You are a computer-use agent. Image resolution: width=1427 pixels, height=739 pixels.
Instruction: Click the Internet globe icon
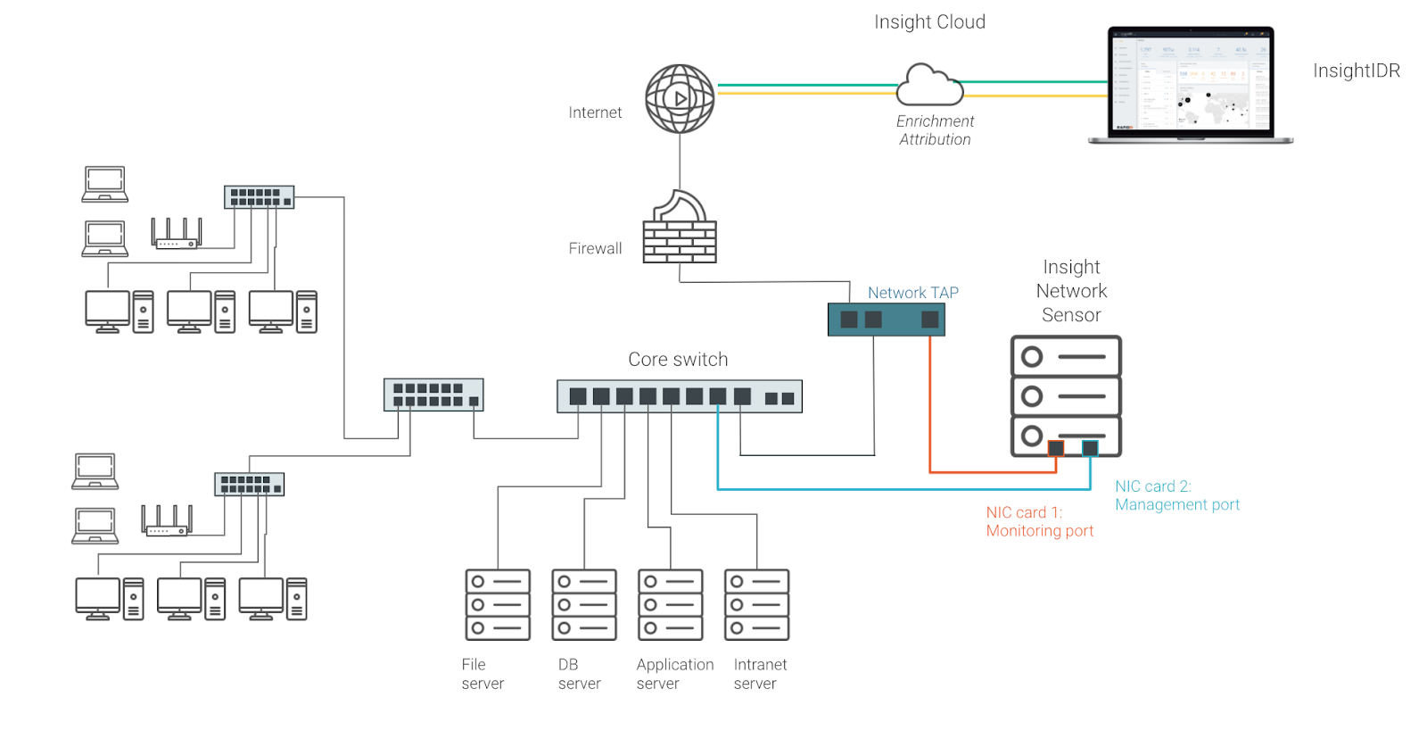coord(680,98)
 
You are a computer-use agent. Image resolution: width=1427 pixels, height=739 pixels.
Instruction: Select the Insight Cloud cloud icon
coord(929,86)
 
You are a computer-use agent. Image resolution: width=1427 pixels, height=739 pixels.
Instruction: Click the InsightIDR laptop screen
coord(1191,82)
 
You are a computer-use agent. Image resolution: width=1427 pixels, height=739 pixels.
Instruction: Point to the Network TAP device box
coord(886,320)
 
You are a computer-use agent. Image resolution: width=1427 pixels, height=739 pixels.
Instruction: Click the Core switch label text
coord(678,360)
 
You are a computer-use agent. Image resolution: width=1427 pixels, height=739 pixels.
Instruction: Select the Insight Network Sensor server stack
coord(1066,395)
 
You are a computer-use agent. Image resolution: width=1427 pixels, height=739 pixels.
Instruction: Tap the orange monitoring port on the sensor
coord(1056,448)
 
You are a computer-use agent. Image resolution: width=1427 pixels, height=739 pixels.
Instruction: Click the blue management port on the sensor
coord(1090,448)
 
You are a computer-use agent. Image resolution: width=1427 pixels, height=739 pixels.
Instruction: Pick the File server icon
coord(498,604)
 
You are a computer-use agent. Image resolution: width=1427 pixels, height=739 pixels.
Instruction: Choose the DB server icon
coord(584,604)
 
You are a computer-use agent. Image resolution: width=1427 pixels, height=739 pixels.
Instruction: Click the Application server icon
coord(671,604)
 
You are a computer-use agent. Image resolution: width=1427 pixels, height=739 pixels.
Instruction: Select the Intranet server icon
coord(757,604)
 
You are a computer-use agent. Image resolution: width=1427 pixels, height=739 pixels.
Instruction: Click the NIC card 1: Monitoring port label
coord(1039,521)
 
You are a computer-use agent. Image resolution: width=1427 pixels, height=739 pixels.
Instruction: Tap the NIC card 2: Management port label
coord(1176,495)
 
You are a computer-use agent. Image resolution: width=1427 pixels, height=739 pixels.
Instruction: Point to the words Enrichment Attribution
coord(935,130)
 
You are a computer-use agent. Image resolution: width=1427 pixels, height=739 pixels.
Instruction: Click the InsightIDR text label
coord(1356,71)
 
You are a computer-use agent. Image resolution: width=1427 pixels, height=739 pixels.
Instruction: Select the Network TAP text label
coord(912,293)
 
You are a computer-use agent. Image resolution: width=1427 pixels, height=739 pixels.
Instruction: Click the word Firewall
coord(595,248)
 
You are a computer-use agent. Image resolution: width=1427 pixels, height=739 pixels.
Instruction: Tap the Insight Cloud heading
coord(929,22)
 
